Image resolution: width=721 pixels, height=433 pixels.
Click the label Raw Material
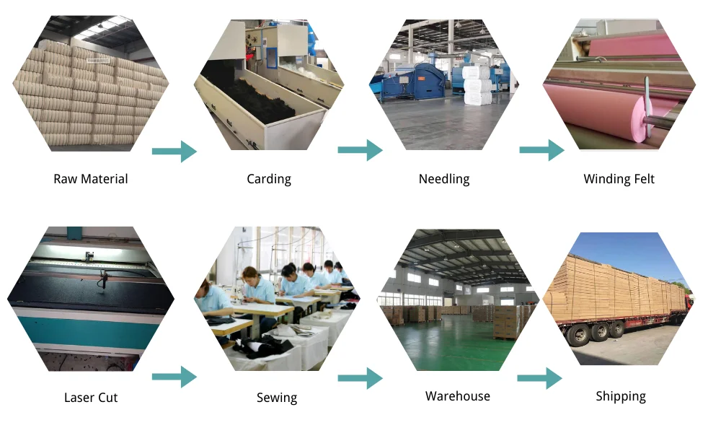point(90,179)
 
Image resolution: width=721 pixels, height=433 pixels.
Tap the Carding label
point(269,179)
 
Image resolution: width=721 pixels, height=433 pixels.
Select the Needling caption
point(444,179)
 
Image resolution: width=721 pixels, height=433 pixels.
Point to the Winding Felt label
point(619,179)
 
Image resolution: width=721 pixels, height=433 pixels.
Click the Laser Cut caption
point(90,398)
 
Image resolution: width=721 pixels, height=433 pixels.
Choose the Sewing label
point(277,398)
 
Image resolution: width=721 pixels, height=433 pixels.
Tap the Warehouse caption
point(457,396)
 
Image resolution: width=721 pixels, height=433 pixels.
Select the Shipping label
point(621,396)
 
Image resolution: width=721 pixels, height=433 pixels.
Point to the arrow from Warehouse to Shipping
point(539,377)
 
